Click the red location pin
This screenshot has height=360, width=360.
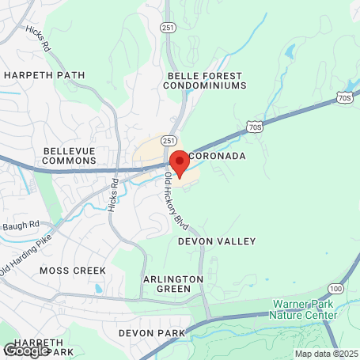[179, 162]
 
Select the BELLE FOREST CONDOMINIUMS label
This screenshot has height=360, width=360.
[205, 81]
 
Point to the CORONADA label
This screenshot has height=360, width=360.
[218, 156]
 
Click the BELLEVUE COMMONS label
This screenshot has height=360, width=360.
[70, 155]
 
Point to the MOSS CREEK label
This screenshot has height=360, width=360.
[72, 271]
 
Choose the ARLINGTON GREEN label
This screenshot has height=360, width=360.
[173, 285]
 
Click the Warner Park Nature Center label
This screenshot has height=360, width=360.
[305, 309]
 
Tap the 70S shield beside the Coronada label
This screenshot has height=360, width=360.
[254, 125]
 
